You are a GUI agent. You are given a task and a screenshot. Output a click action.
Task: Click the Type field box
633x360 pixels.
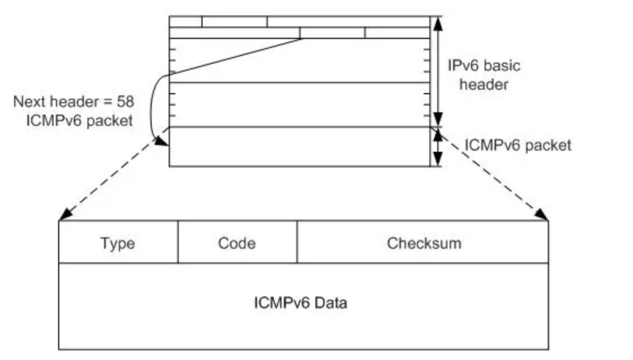coord(118,243)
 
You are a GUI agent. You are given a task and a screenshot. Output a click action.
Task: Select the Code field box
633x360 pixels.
coord(237,243)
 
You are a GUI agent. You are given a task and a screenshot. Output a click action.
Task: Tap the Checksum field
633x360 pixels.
coord(423,243)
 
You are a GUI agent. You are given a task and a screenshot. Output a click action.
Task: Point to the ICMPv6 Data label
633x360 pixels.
coord(300,303)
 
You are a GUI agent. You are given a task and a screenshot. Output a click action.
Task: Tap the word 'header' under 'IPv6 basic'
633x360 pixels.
coord(483,85)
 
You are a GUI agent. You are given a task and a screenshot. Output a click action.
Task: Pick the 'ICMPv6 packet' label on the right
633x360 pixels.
coord(517,145)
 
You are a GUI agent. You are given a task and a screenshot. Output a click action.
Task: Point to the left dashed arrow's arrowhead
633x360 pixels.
coord(64,215)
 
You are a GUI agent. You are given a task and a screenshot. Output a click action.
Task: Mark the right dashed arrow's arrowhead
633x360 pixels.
coord(542,215)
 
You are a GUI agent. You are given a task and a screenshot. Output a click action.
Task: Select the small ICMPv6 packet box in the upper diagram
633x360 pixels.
coord(299,147)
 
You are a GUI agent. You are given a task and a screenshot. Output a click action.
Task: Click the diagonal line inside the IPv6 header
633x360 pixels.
coord(237,56)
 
